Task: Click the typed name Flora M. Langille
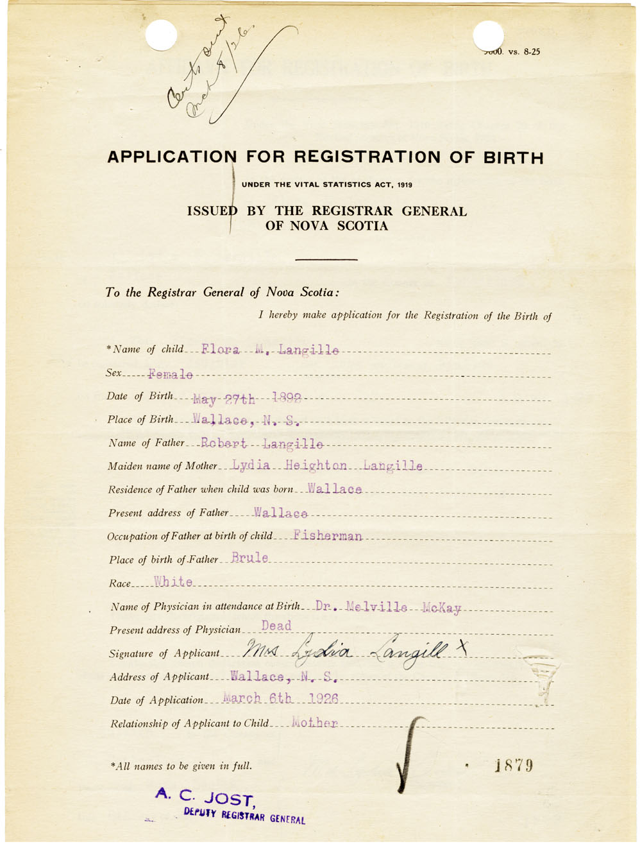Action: tap(270, 350)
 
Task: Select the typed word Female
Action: tap(170, 374)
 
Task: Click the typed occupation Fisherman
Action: tap(327, 535)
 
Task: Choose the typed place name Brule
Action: tap(249, 558)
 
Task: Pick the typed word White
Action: tap(173, 582)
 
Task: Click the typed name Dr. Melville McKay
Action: tap(388, 607)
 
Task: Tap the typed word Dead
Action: tap(276, 626)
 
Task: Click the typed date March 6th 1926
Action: tap(280, 698)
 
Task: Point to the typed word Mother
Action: tap(314, 723)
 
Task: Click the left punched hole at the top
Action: tap(161, 35)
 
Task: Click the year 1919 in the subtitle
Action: tap(404, 185)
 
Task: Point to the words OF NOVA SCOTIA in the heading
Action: tap(326, 226)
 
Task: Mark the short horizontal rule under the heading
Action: tap(326, 259)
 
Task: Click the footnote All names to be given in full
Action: tap(181, 766)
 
